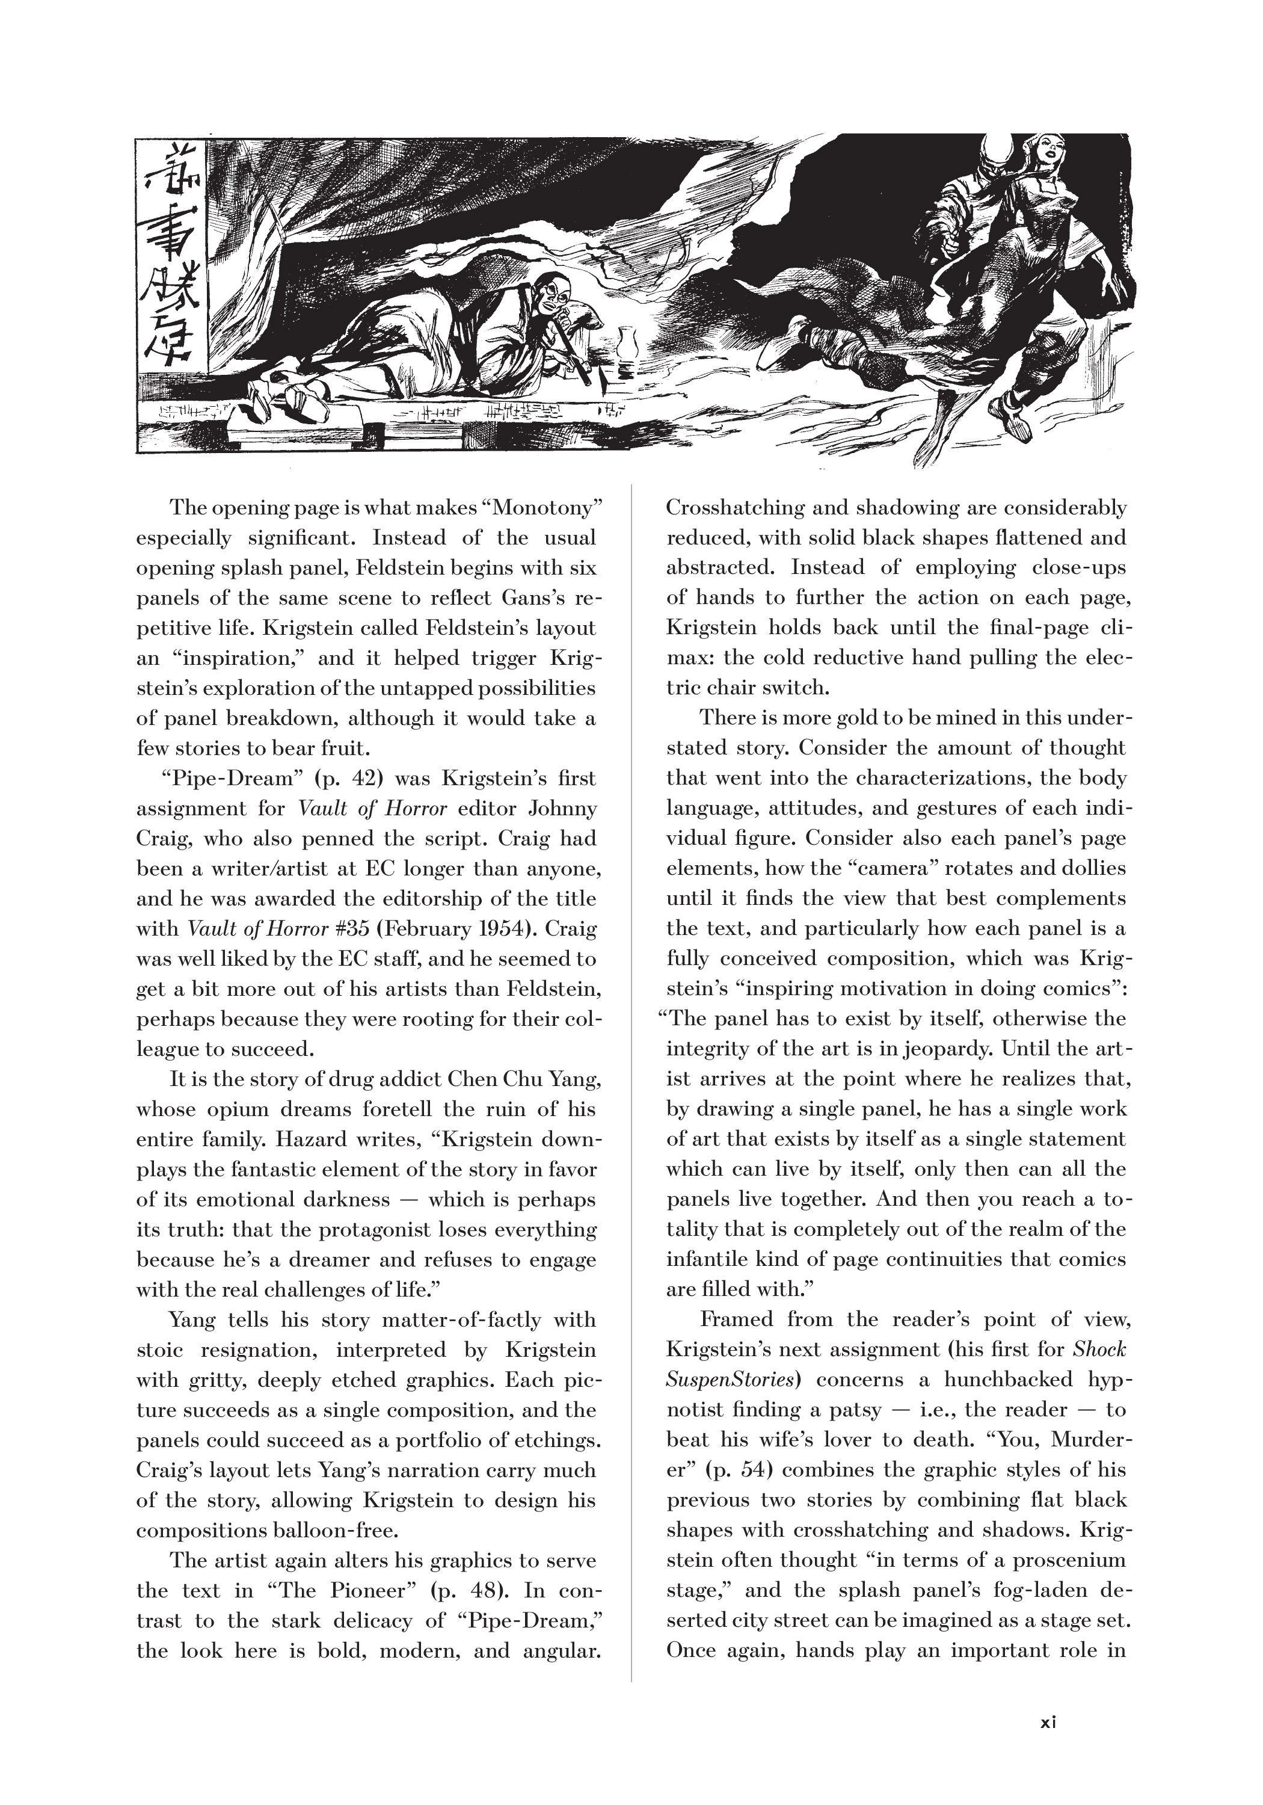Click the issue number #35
[x=352, y=929]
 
